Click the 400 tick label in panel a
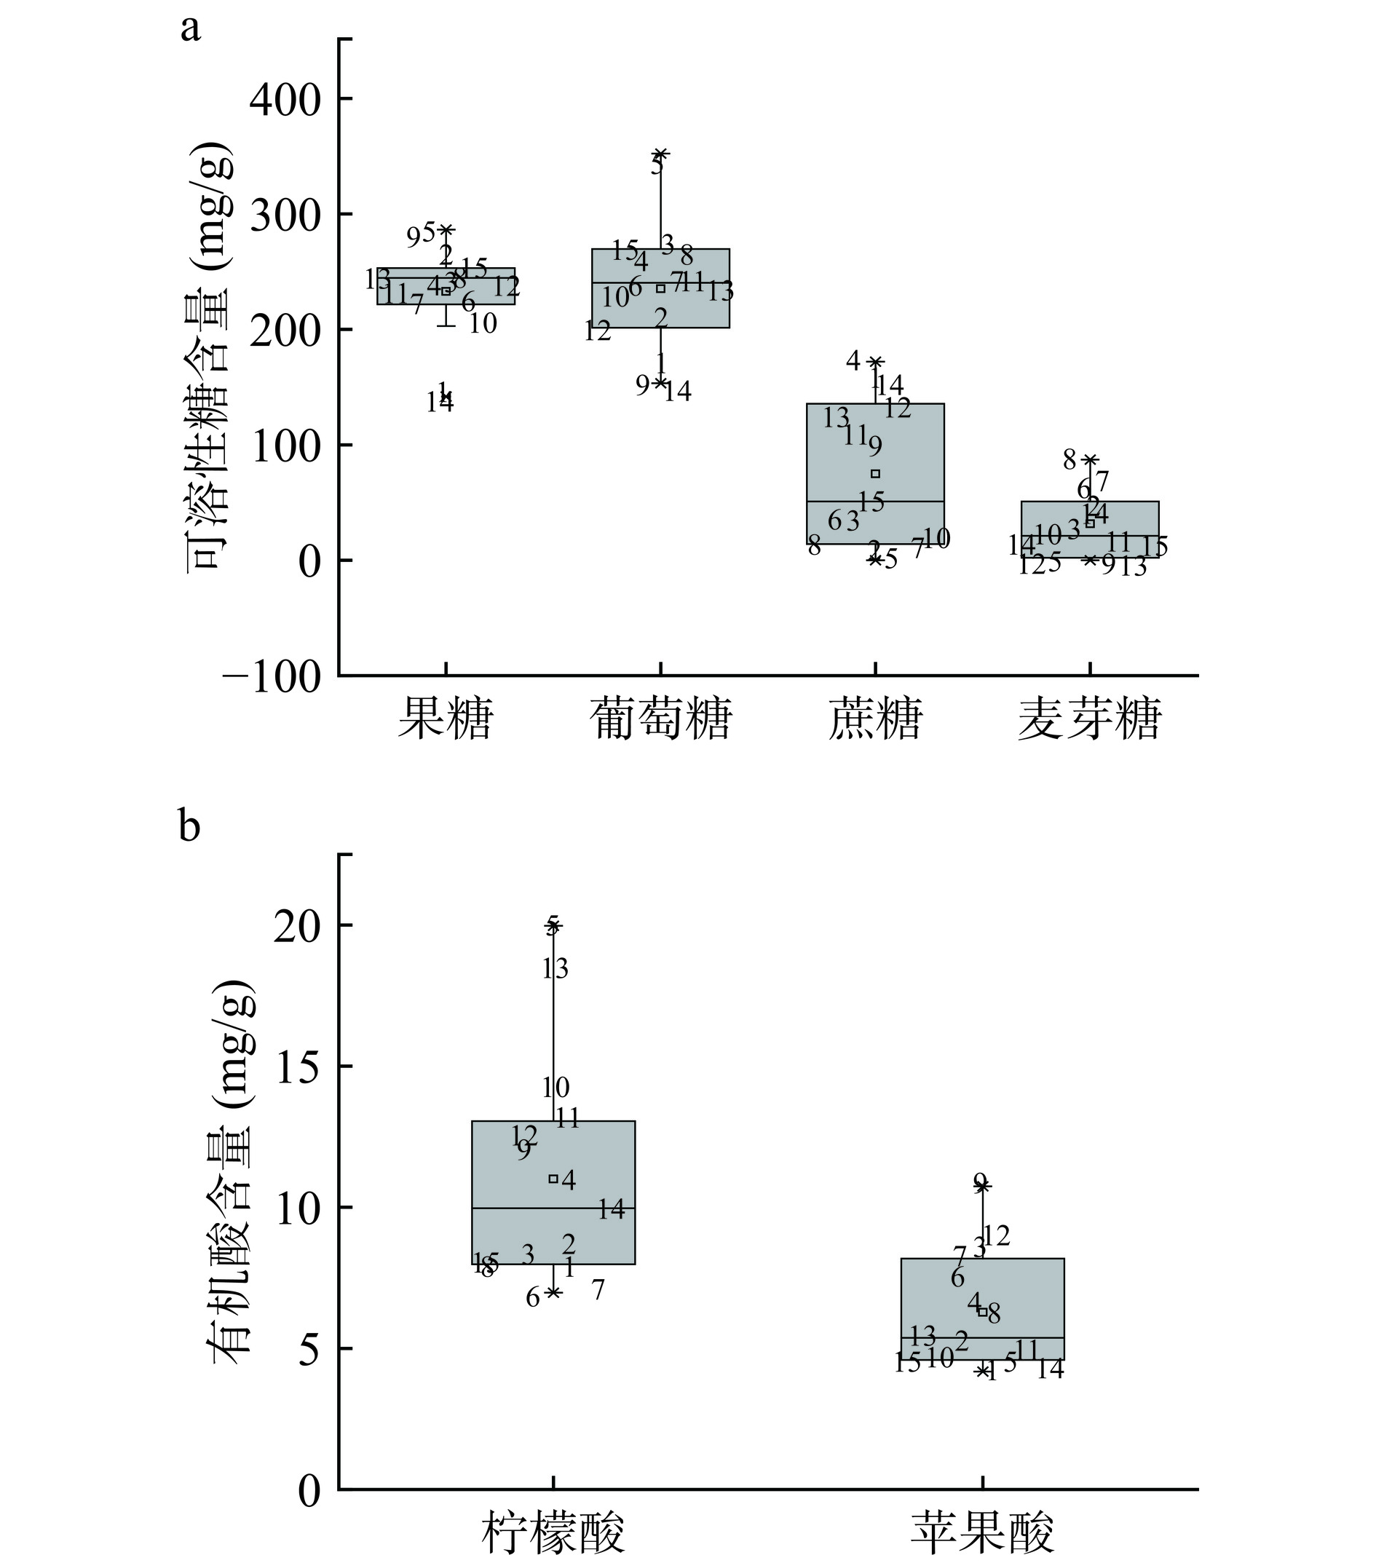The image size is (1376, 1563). (x=285, y=100)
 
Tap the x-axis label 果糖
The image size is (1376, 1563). (x=445, y=719)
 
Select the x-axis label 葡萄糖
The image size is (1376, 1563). (x=660, y=719)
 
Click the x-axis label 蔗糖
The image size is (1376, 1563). (x=875, y=719)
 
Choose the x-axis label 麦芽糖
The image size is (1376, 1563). (x=1089, y=719)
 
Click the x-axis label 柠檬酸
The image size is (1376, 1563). (x=553, y=1532)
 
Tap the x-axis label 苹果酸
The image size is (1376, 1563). (x=982, y=1532)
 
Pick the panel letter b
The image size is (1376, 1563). (x=190, y=826)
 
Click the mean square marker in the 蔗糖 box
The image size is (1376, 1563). (x=876, y=473)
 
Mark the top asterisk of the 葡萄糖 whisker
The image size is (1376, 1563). (x=661, y=154)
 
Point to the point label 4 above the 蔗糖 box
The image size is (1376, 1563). (x=853, y=361)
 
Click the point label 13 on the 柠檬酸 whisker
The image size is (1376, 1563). (x=555, y=970)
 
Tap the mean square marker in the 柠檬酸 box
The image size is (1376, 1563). (x=553, y=1179)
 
